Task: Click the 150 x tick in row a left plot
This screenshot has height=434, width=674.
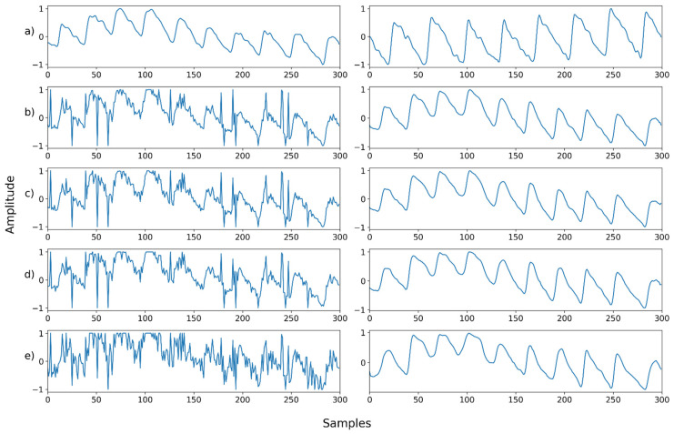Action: [194, 76]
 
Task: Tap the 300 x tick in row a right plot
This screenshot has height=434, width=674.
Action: [660, 76]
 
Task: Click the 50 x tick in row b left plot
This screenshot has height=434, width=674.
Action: [96, 157]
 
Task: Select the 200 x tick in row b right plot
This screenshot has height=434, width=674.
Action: [564, 157]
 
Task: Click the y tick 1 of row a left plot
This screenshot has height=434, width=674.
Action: [40, 10]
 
